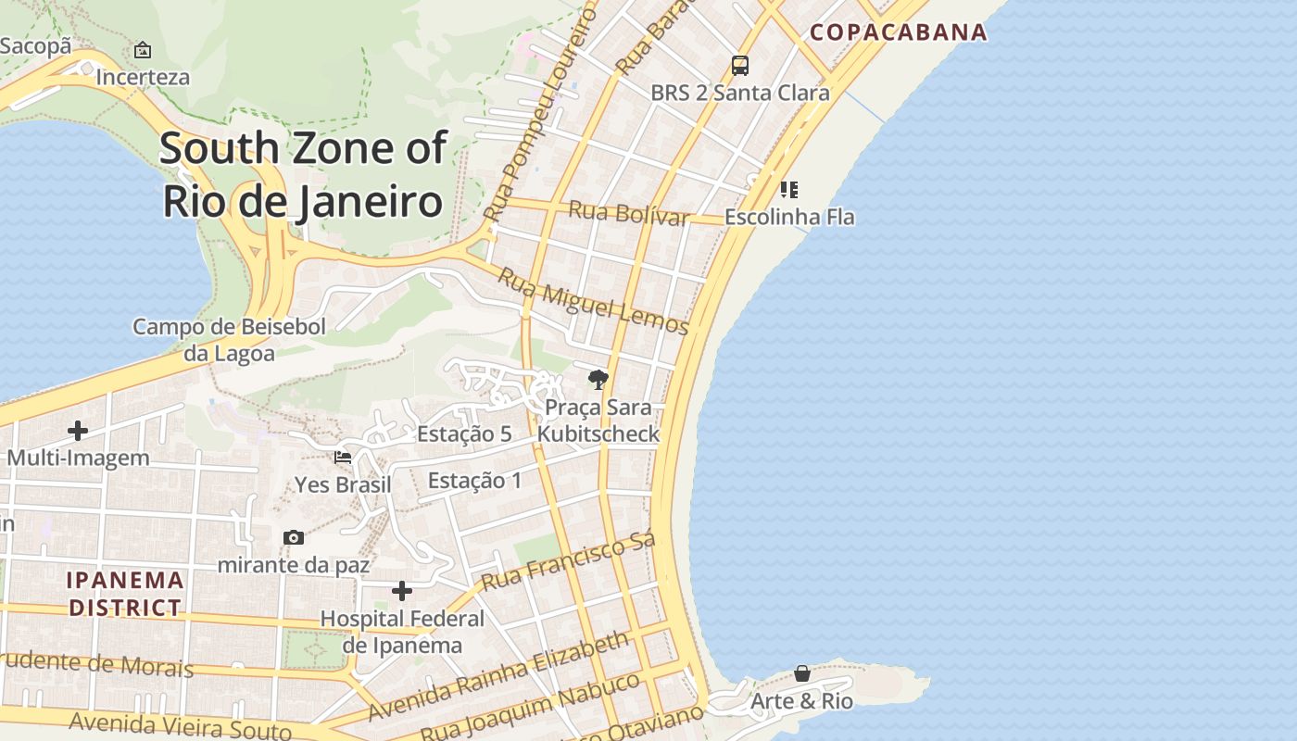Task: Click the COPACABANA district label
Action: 899,32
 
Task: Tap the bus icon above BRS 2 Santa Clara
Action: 739,66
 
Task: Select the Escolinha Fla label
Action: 789,217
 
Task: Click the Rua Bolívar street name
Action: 629,213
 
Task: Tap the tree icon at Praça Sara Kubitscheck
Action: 598,379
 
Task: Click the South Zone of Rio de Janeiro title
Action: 303,174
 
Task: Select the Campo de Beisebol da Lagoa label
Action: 229,340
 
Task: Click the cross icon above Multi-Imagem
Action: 78,431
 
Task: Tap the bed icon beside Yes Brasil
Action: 343,458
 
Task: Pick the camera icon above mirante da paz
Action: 293,538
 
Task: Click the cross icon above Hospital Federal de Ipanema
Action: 402,591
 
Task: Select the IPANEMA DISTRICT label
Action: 125,594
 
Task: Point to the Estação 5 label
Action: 464,433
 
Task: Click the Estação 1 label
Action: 474,481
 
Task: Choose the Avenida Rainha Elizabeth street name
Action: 498,676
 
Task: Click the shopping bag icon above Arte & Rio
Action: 802,673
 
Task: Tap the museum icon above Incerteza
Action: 143,50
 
